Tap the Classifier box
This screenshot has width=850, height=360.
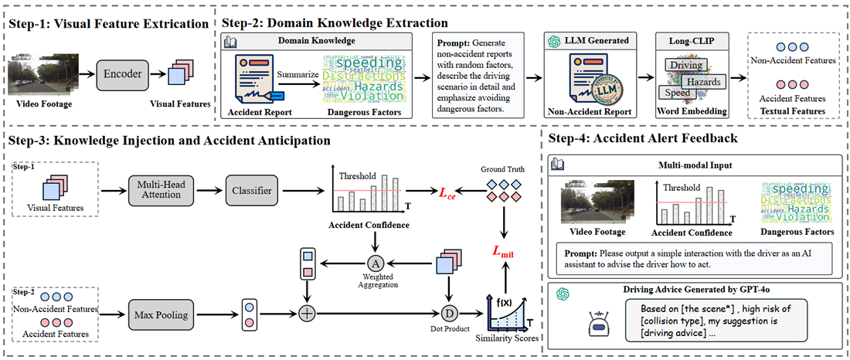pyautogui.click(x=253, y=191)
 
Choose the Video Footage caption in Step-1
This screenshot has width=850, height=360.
pyautogui.click(x=42, y=104)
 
